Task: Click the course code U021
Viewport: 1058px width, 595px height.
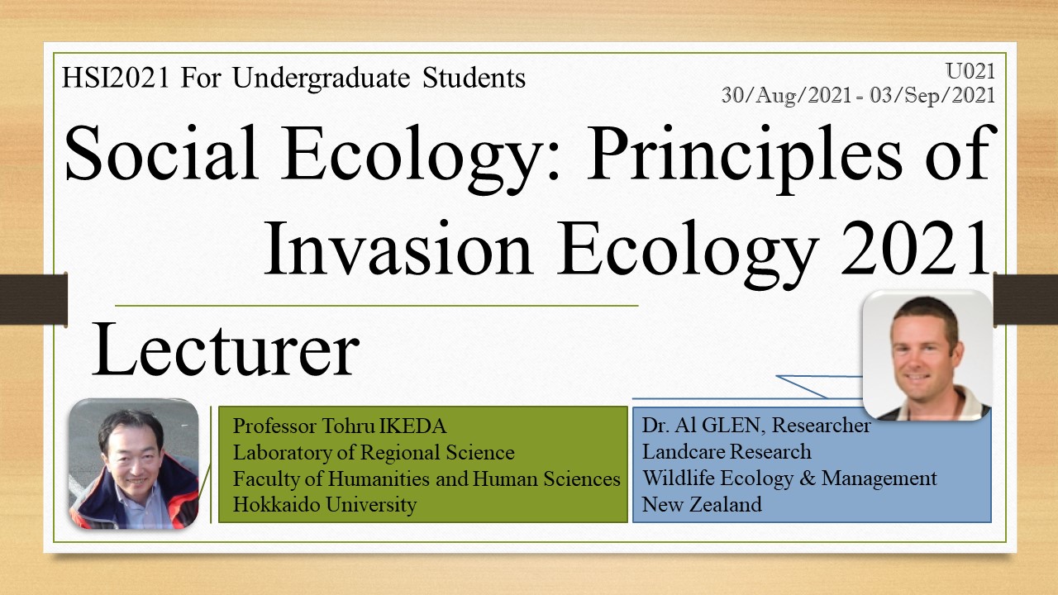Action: click(970, 71)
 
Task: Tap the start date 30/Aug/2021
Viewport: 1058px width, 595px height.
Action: click(786, 95)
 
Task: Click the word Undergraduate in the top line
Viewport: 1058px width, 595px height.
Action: click(322, 79)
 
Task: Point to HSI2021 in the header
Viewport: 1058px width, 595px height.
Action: click(115, 78)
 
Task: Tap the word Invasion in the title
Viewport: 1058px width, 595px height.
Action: click(398, 249)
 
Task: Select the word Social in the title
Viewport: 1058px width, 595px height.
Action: click(161, 153)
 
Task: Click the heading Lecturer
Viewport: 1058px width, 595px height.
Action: click(226, 349)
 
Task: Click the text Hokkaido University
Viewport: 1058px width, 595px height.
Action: click(325, 504)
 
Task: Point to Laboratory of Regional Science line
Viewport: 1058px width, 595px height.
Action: click(374, 452)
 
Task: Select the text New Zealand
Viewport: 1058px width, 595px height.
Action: click(702, 504)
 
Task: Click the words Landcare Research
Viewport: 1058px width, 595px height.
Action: click(727, 452)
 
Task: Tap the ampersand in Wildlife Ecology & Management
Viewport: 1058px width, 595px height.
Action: click(808, 478)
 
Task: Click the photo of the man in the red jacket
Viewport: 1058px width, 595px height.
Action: click(134, 464)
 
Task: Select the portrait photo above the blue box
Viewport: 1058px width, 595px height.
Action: click(927, 355)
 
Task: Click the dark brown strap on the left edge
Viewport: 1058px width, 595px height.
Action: click(34, 299)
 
